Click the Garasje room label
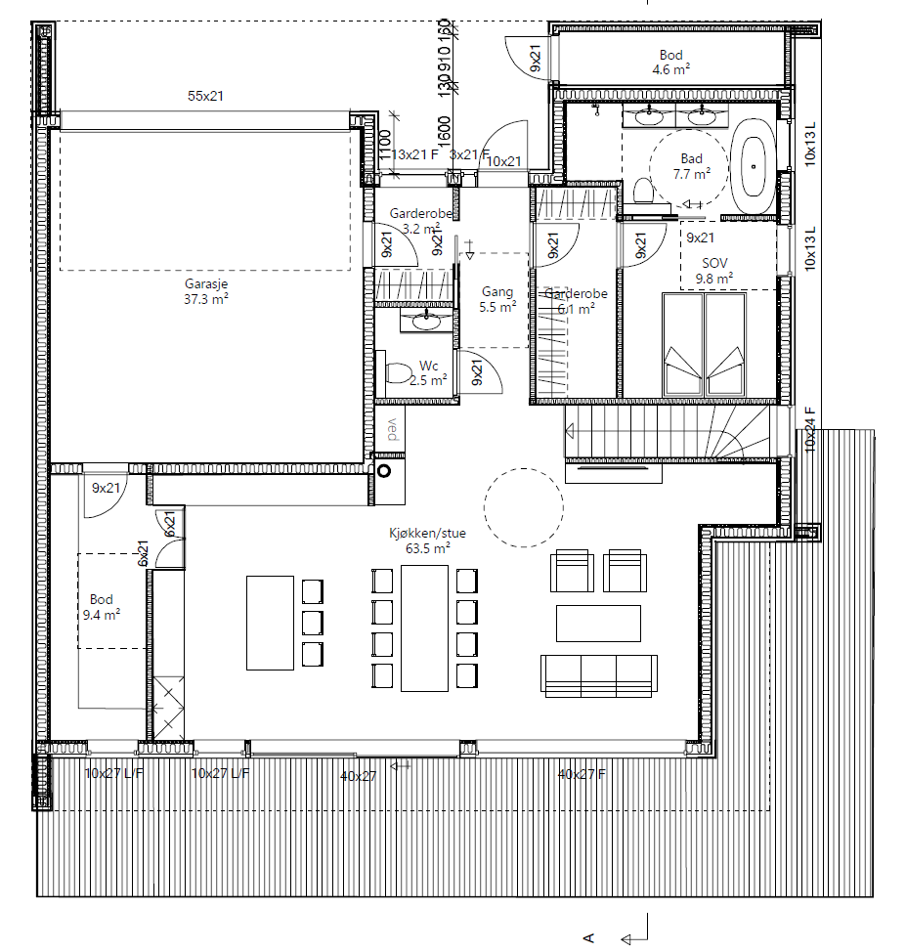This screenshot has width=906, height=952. pos(206,292)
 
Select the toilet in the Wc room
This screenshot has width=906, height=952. pos(399,373)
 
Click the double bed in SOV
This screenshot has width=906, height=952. pos(704,344)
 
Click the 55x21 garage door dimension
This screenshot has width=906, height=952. pos(206,96)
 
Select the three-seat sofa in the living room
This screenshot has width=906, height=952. pos(597,675)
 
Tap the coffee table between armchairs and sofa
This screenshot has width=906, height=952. pos(598,622)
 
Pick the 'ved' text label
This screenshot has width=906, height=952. pos(391,430)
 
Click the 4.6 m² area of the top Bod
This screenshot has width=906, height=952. pos(670,70)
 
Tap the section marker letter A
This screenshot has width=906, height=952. pos(589,937)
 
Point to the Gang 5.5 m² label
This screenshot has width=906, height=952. pos(497,299)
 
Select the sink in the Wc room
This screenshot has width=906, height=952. pos(426,319)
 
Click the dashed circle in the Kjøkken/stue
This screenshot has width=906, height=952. pos(524,505)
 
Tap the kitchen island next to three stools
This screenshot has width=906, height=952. pos(270,623)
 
